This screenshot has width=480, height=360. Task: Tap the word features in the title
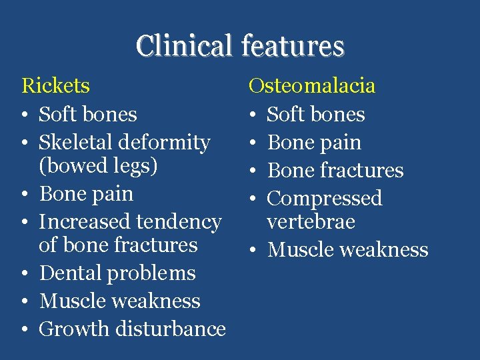click(x=293, y=47)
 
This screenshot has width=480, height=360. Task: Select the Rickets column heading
click(x=56, y=85)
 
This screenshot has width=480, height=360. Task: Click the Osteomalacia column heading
click(x=311, y=85)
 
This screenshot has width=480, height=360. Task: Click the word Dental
click(x=71, y=273)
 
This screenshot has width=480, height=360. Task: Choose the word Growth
click(x=71, y=329)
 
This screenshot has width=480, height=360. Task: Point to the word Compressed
click(x=325, y=198)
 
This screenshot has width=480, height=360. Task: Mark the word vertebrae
click(x=311, y=221)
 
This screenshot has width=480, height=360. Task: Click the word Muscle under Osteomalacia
click(x=298, y=250)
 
